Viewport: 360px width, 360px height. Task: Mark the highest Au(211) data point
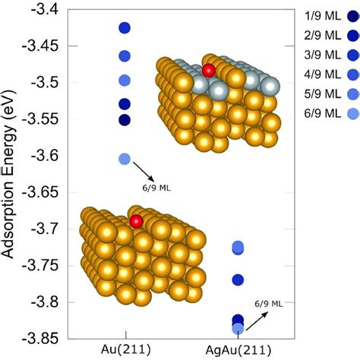pos(125,28)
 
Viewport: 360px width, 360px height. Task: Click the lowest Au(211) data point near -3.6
pos(125,159)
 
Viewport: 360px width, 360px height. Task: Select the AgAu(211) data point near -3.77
pos(238,280)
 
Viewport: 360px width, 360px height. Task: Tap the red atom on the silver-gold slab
pos(209,71)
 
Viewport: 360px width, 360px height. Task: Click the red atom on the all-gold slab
pos(136,221)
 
